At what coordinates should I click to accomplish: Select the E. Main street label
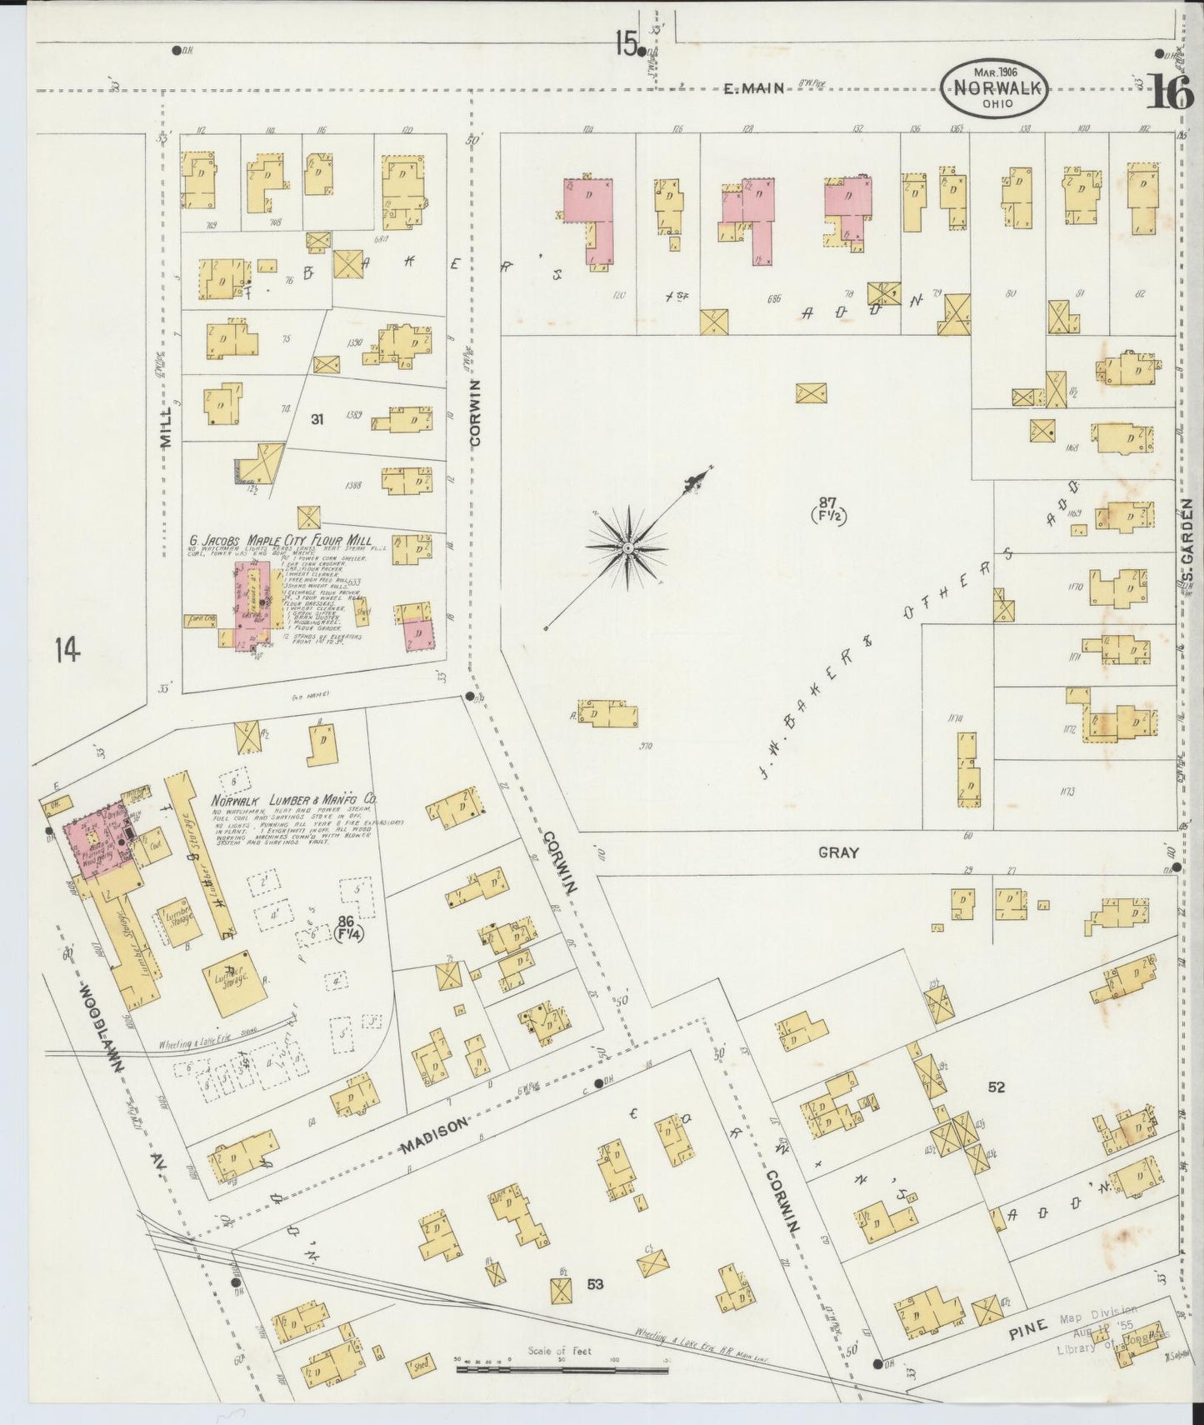pos(753,87)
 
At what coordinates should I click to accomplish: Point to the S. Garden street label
pos(1188,540)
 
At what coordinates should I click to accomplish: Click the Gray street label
pos(837,852)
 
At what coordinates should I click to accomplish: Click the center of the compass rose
pos(627,547)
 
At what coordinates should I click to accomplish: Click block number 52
pos(996,1087)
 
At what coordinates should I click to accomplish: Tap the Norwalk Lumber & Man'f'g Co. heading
pos(293,798)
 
